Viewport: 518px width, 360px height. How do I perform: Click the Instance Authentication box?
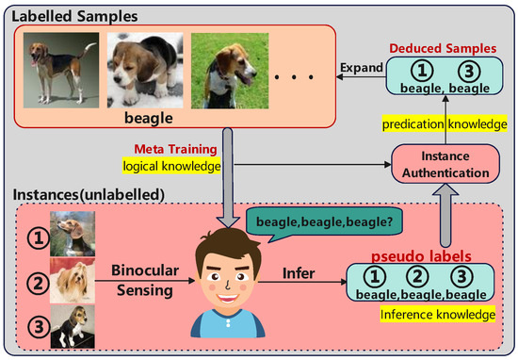445,164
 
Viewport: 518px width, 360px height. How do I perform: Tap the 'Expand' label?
362,68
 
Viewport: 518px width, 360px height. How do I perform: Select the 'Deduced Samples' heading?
443,48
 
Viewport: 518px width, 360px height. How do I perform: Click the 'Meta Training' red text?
175,149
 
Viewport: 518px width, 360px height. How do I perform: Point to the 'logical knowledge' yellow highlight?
171,166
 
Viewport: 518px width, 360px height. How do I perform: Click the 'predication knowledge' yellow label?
445,124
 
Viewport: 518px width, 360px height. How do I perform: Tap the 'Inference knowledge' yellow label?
438,315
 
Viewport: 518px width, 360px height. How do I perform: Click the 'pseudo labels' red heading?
421,256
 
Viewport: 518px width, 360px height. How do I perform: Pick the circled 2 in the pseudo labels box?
417,277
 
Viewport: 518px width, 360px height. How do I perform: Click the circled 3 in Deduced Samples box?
469,71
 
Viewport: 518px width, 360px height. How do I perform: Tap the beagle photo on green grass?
230,71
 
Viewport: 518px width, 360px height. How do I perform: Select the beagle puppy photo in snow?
145,70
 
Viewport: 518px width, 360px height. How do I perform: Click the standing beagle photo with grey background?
61,70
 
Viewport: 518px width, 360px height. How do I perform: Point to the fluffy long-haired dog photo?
73,281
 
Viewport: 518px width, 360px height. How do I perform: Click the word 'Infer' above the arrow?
299,273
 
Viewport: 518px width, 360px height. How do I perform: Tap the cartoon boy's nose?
228,284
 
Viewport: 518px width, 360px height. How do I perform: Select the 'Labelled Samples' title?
74,16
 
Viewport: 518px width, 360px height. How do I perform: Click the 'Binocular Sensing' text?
145,280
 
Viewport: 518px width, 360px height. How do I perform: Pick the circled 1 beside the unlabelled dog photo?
39,238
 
